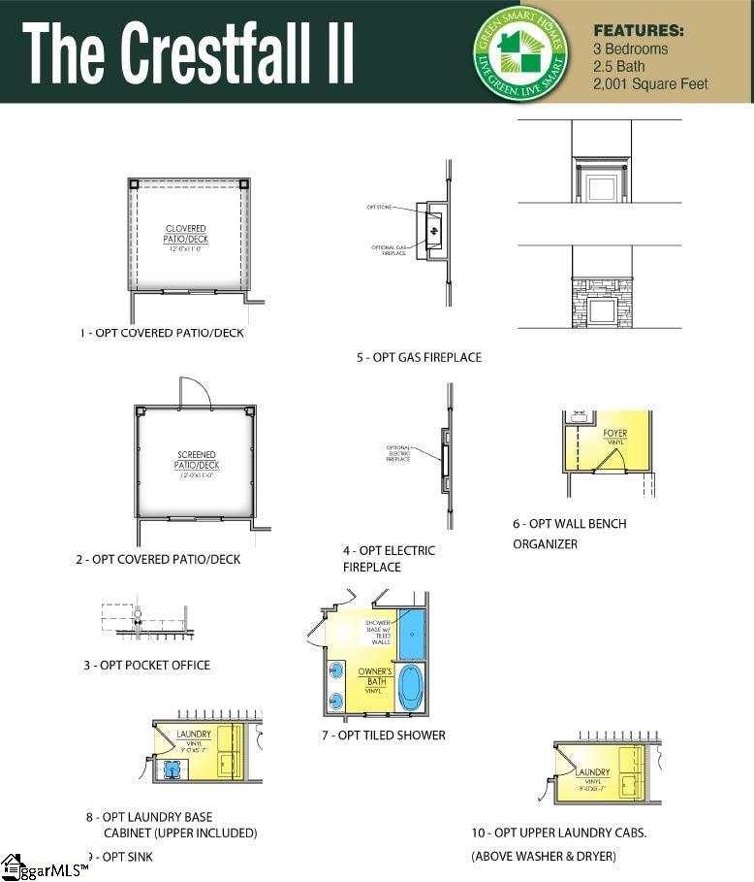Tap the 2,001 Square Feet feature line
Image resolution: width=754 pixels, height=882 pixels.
point(650,84)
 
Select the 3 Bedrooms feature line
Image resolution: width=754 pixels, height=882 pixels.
point(631,49)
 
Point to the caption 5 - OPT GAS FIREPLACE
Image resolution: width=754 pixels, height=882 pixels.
point(419,357)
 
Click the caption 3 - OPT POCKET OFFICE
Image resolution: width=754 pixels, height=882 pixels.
point(146,665)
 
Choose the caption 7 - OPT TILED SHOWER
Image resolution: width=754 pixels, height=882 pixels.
point(384,735)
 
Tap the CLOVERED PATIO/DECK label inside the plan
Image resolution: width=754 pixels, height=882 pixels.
point(185,235)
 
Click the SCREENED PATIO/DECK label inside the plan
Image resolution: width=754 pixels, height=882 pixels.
point(196,460)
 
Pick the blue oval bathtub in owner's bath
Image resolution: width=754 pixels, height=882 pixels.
point(411,687)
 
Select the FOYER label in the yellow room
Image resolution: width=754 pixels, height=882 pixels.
point(614,435)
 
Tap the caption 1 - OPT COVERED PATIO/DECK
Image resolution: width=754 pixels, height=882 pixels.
point(162,333)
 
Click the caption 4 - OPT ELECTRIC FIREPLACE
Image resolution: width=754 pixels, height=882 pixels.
point(389,558)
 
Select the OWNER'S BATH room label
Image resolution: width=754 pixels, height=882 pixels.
point(374,676)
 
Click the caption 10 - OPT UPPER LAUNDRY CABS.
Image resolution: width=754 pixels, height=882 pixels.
point(559,833)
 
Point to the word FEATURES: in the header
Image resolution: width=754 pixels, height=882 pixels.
point(638,30)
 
